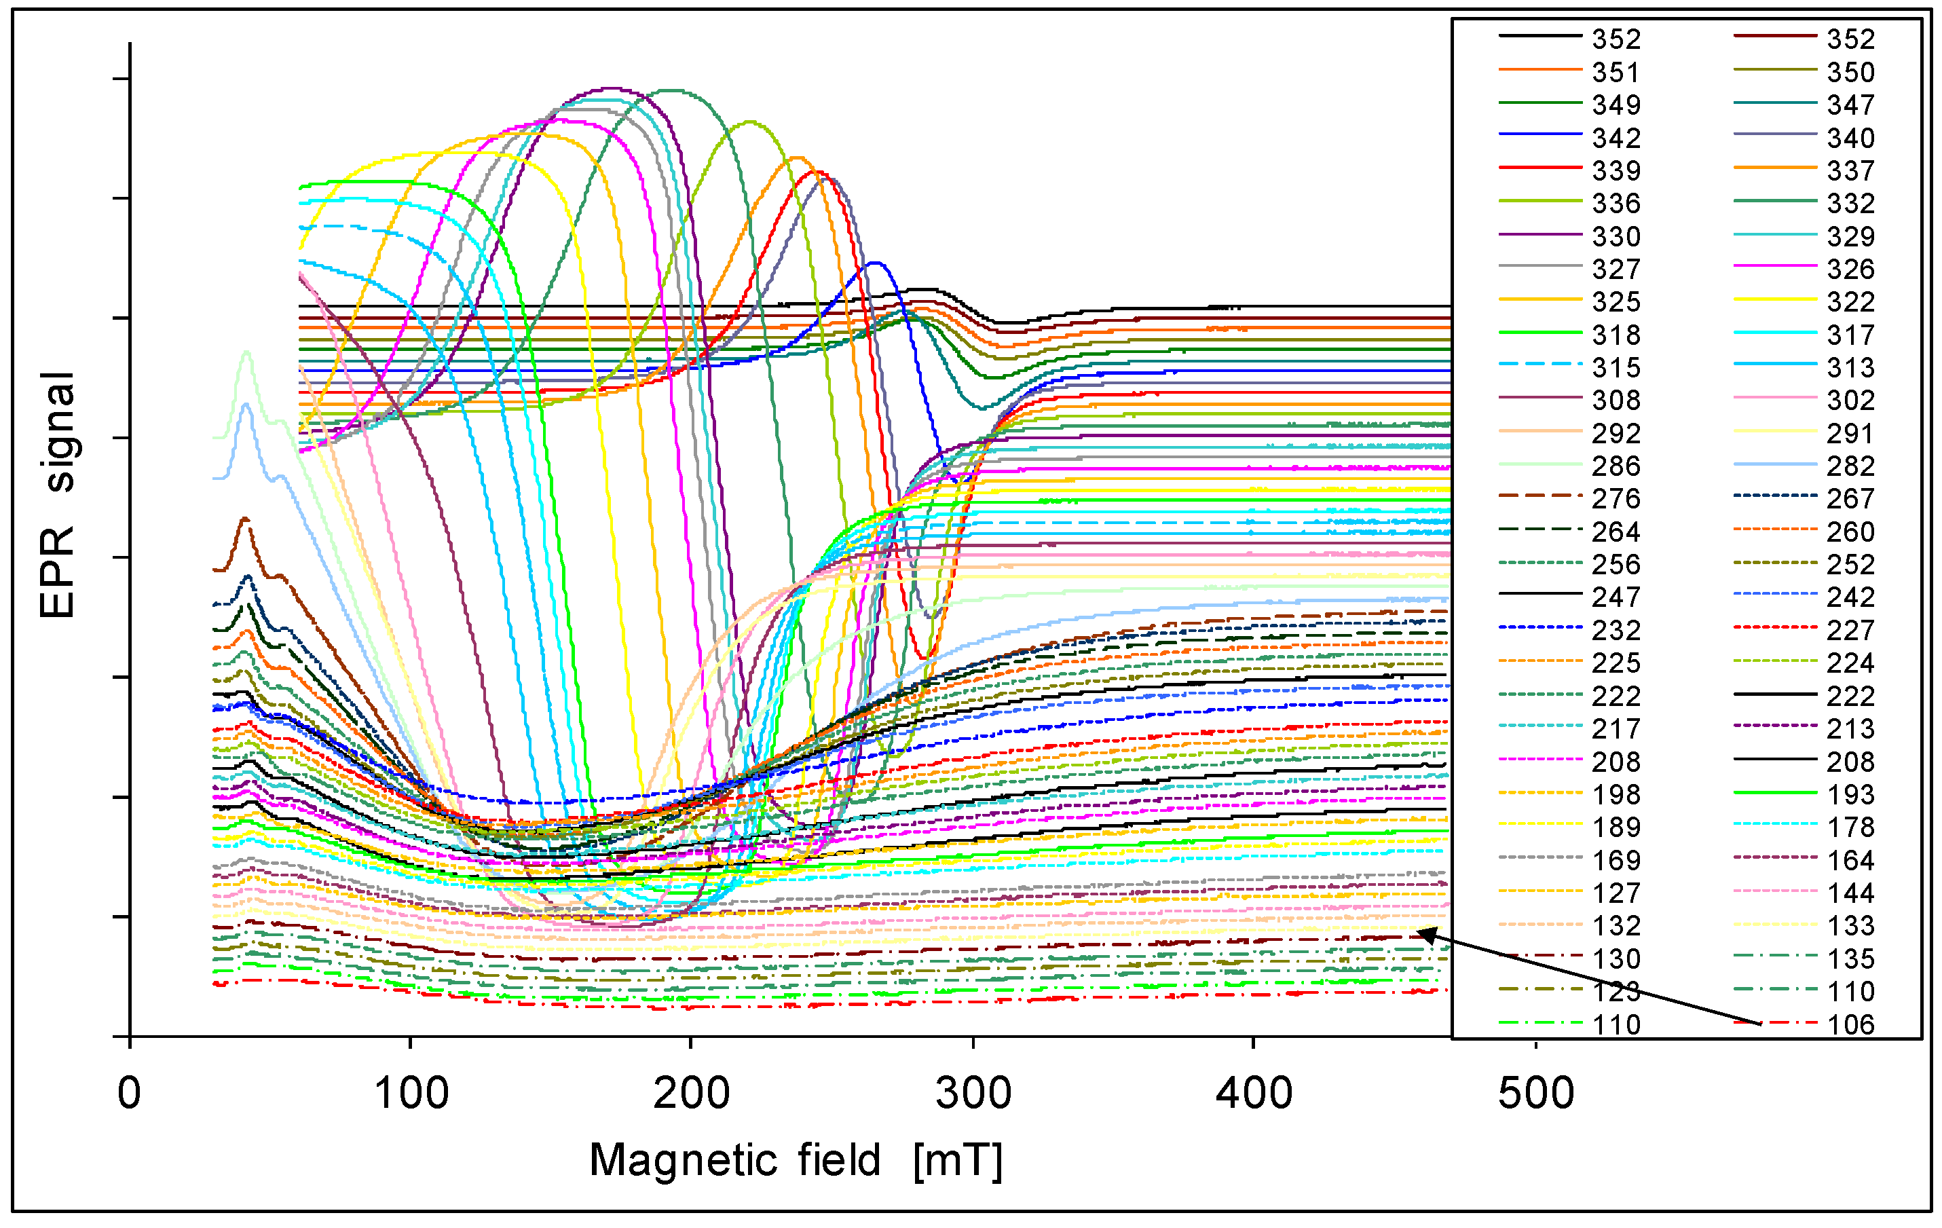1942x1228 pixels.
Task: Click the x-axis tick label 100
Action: (411, 1094)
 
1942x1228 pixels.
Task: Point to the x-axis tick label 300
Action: (973, 1094)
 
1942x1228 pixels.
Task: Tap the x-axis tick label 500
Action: (1535, 1094)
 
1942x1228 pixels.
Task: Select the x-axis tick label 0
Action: (129, 1094)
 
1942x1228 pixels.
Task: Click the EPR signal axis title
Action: (58, 495)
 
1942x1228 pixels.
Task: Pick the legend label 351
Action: (1616, 73)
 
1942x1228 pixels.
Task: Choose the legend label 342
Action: (1616, 138)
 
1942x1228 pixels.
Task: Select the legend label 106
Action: (1851, 1025)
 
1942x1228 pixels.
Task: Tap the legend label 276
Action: (1616, 499)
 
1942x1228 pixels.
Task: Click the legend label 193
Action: (1851, 795)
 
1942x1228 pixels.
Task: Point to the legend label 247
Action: (1616, 597)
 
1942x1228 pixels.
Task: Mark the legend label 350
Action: (1851, 73)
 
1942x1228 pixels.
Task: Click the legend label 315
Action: (1616, 368)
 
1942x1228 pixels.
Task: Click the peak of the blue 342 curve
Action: (876, 263)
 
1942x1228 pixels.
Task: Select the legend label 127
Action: (1616, 893)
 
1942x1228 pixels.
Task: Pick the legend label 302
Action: (1851, 401)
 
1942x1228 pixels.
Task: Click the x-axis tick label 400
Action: (1254, 1094)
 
